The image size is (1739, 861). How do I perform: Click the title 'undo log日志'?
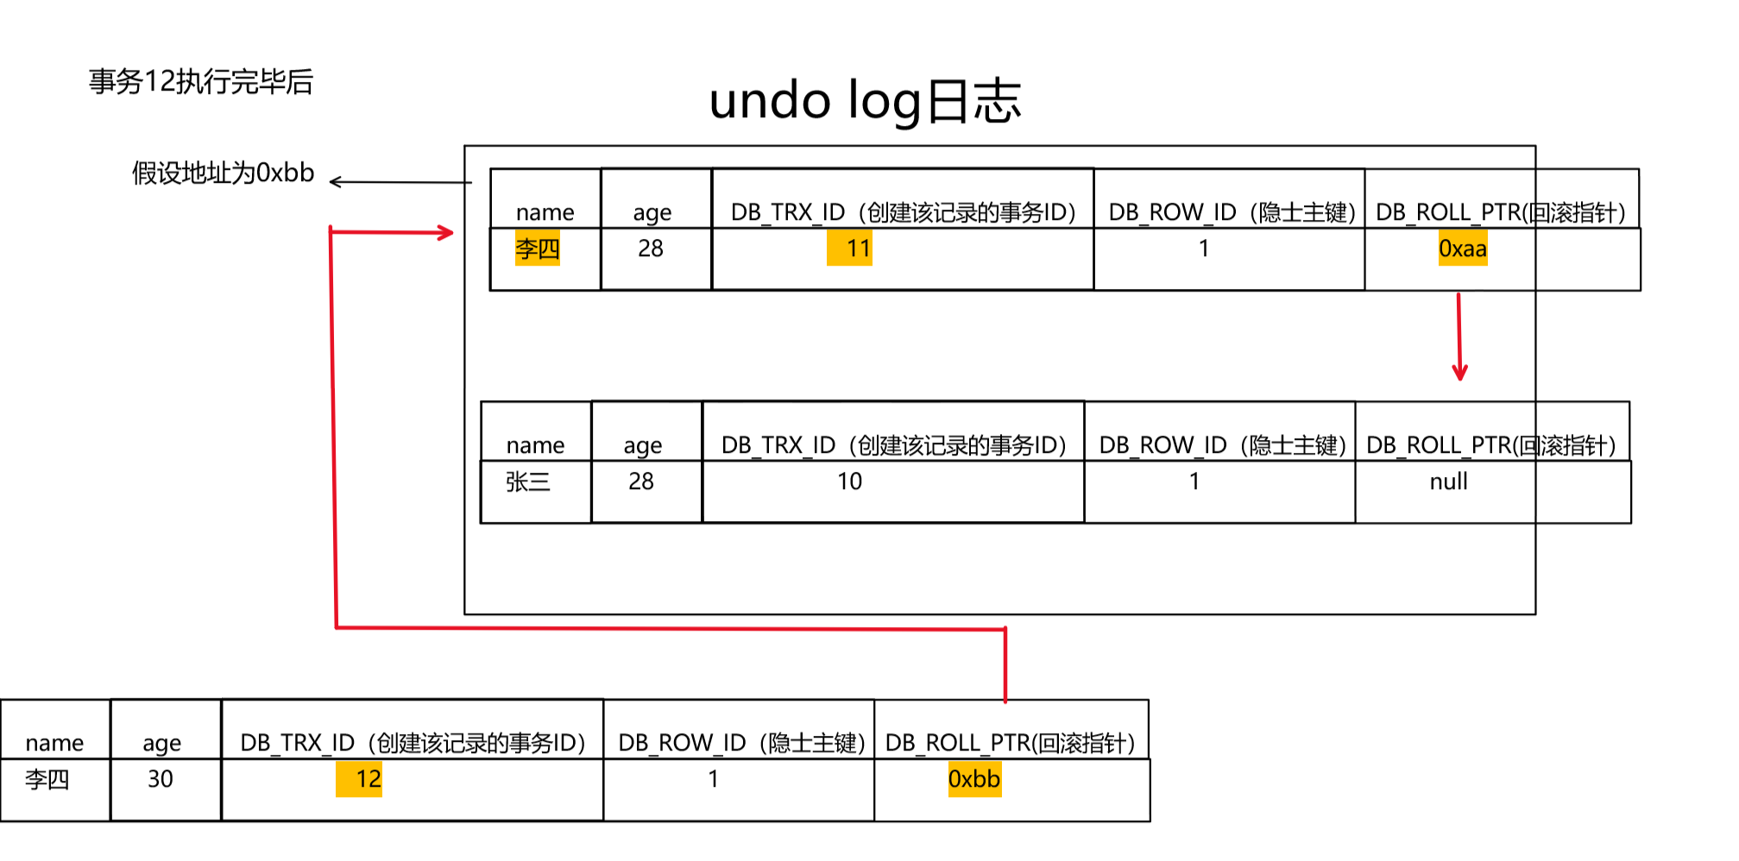pos(865,101)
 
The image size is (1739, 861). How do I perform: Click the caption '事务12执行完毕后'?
pos(201,82)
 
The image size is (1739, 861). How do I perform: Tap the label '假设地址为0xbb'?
pos(223,173)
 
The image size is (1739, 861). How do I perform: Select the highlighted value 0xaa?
pos(1462,249)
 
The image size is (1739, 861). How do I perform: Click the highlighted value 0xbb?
pos(973,779)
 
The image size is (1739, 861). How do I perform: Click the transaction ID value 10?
pos(849,481)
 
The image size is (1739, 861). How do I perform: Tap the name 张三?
pos(527,481)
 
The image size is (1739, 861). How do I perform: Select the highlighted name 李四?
pos(537,248)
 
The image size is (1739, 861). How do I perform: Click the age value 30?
pos(161,779)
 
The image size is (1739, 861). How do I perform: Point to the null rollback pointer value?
pos(1448,481)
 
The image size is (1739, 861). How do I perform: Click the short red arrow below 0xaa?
pos(1459,336)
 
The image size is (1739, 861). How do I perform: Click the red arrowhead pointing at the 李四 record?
pos(445,232)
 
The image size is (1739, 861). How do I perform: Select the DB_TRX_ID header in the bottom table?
pos(413,743)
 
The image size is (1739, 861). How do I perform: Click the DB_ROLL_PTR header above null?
pos(1490,445)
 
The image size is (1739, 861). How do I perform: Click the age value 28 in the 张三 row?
pos(641,481)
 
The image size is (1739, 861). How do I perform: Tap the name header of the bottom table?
pos(54,743)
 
